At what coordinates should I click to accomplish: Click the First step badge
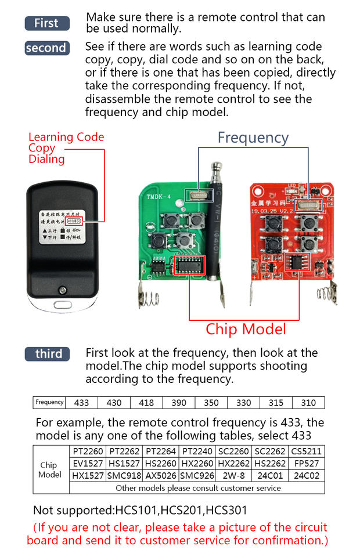pyautogui.click(x=47, y=23)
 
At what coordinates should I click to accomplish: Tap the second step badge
pyautogui.click(x=47, y=48)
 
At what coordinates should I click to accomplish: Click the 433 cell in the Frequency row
pyautogui.click(x=82, y=403)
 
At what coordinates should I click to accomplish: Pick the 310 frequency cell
pyautogui.click(x=308, y=403)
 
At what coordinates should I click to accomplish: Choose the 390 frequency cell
pyautogui.click(x=178, y=403)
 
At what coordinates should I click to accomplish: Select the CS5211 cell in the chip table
pyautogui.click(x=306, y=451)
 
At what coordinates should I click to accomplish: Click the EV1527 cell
pyautogui.click(x=87, y=464)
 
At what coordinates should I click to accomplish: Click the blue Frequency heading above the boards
pyautogui.click(x=253, y=138)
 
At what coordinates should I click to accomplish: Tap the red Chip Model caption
pyautogui.click(x=246, y=330)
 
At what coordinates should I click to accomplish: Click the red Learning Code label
pyautogui.click(x=66, y=138)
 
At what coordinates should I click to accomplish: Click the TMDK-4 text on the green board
pyautogui.click(x=152, y=196)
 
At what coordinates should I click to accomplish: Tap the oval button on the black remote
pyautogui.click(x=61, y=304)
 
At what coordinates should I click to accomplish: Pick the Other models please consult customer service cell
pyautogui.click(x=197, y=488)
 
